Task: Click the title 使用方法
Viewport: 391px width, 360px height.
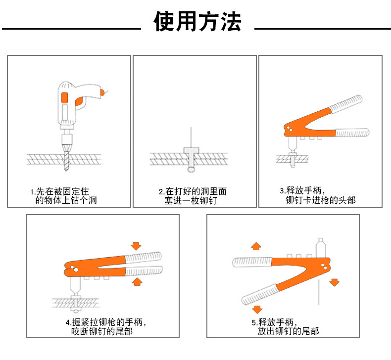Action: (197, 22)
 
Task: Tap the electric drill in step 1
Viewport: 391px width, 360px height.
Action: (74, 104)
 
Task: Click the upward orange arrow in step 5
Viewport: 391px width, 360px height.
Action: (255, 246)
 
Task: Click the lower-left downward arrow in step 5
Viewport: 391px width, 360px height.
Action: (256, 310)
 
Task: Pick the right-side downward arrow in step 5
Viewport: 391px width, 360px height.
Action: (335, 282)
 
